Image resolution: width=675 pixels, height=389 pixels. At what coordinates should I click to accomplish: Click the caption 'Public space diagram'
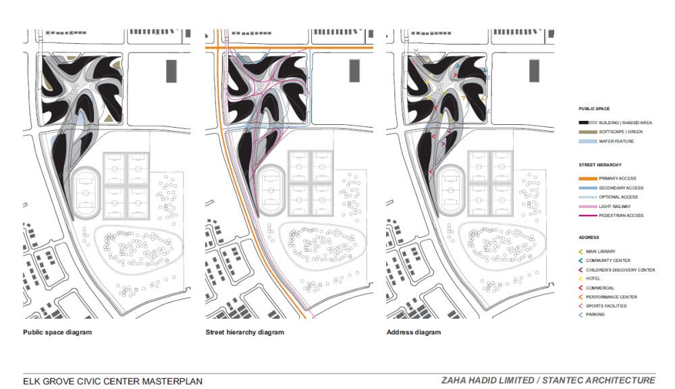57,332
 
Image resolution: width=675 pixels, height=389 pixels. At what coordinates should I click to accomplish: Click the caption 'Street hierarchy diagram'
244,332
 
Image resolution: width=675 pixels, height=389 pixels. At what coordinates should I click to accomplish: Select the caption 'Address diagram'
413,332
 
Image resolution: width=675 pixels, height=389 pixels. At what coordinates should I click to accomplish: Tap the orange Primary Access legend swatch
588,178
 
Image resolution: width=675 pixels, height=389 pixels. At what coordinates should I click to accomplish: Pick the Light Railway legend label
614,207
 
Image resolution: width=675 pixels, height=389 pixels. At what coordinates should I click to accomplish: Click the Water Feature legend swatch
588,141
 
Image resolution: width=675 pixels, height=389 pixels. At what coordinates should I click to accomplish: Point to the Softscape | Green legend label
620,132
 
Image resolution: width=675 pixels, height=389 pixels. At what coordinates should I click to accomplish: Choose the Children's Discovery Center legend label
620,270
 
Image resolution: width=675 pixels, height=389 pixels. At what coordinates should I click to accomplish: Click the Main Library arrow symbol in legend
580,252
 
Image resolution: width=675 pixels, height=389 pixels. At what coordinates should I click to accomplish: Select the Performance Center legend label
611,297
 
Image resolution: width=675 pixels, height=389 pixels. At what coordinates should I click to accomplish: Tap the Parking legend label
595,315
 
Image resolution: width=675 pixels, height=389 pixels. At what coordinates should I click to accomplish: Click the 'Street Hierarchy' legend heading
599,165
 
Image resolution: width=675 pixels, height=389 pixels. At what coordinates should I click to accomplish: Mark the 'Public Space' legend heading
593,109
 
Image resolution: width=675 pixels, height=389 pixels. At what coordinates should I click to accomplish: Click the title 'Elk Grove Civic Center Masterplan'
112,382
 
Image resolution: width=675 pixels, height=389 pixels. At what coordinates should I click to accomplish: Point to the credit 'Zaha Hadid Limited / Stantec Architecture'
548,380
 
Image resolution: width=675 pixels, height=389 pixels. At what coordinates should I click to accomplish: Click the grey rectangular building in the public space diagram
171,71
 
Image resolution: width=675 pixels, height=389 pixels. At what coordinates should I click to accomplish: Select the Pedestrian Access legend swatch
588,215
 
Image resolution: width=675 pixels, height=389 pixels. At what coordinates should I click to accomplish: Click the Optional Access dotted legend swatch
588,197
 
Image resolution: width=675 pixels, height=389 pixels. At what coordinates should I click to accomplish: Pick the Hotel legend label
593,279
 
